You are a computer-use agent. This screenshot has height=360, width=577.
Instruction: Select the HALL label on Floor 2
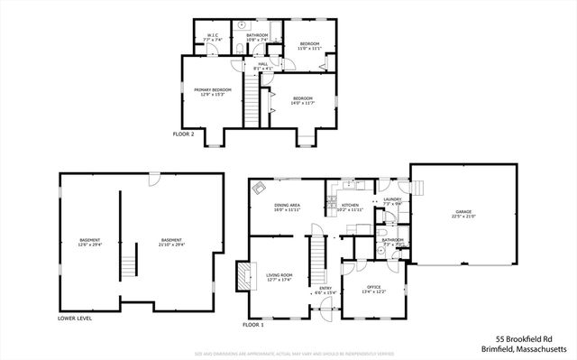click(263, 64)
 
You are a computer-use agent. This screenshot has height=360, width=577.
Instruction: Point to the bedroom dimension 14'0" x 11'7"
click(301, 103)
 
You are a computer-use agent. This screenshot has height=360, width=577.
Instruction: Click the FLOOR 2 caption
click(183, 134)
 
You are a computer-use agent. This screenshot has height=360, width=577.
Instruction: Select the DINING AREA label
click(288, 206)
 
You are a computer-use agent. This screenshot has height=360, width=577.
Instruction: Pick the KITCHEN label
click(349, 206)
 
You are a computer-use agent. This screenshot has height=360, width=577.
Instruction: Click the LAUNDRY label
click(392, 199)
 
